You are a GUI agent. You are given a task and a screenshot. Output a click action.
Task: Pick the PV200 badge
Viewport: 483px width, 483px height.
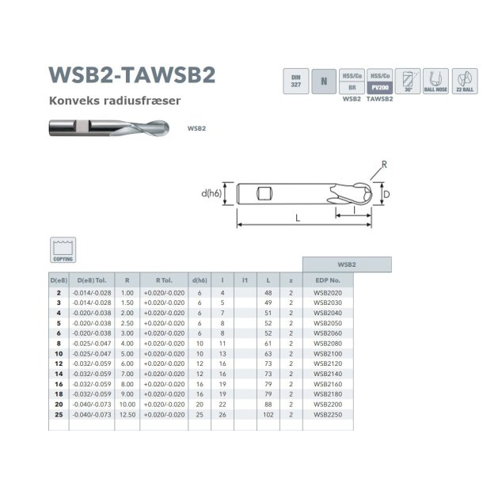(382, 87)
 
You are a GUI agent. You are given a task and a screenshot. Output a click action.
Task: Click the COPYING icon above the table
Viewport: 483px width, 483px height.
(63, 249)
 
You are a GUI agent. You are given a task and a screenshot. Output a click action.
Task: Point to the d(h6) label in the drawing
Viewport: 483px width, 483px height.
(211, 193)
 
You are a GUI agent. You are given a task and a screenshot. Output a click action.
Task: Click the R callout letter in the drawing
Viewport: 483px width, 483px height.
(382, 165)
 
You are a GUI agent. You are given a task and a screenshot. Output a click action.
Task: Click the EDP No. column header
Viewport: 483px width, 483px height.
(327, 280)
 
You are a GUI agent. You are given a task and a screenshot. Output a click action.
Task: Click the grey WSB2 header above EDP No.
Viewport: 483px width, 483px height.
(348, 264)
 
